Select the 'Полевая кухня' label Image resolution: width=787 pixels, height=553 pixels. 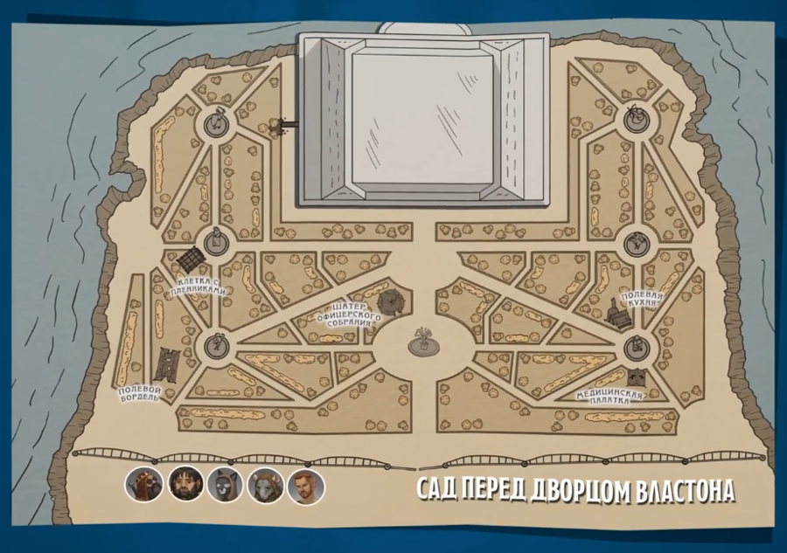[642, 301]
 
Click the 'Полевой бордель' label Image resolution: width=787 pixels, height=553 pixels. [140, 394]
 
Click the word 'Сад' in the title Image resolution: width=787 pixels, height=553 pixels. [436, 490]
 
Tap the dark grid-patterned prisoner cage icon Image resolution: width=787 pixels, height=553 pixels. [192, 259]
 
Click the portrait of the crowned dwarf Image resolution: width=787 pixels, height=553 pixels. [144, 484]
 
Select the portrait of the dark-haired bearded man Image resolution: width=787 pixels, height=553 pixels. [185, 484]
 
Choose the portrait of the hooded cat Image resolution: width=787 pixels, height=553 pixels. [226, 485]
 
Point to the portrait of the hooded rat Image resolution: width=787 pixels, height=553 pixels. [266, 486]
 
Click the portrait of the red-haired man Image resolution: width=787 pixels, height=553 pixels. [306, 486]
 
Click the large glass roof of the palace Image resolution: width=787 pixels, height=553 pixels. [423, 120]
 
